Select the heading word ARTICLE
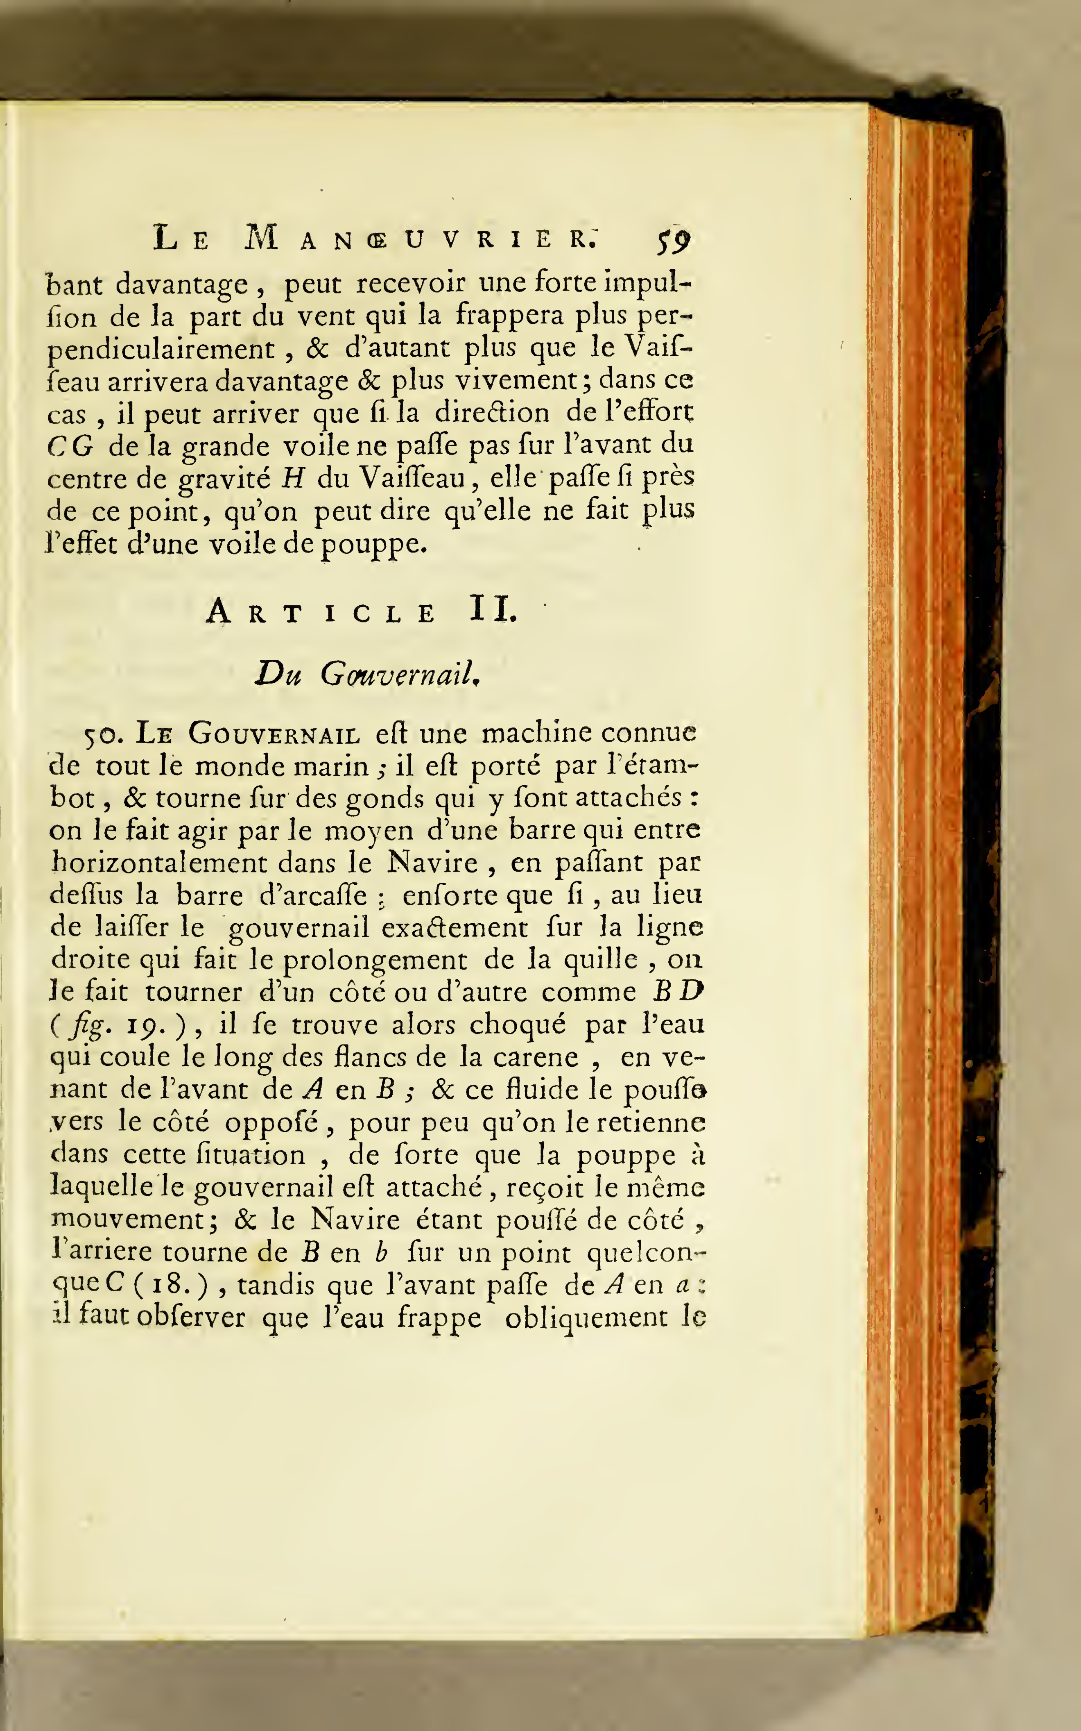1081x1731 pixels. click(322, 612)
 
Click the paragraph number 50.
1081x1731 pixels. click(105, 735)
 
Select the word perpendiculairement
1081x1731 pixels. click(161, 349)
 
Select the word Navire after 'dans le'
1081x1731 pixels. click(432, 863)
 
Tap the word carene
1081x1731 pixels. click(549, 1057)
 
